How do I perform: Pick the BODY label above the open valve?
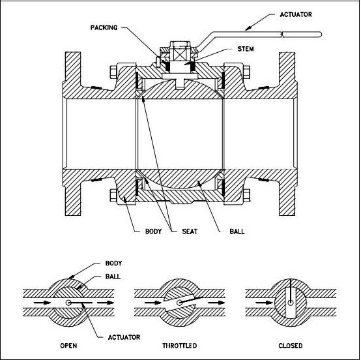[x=113, y=264]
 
